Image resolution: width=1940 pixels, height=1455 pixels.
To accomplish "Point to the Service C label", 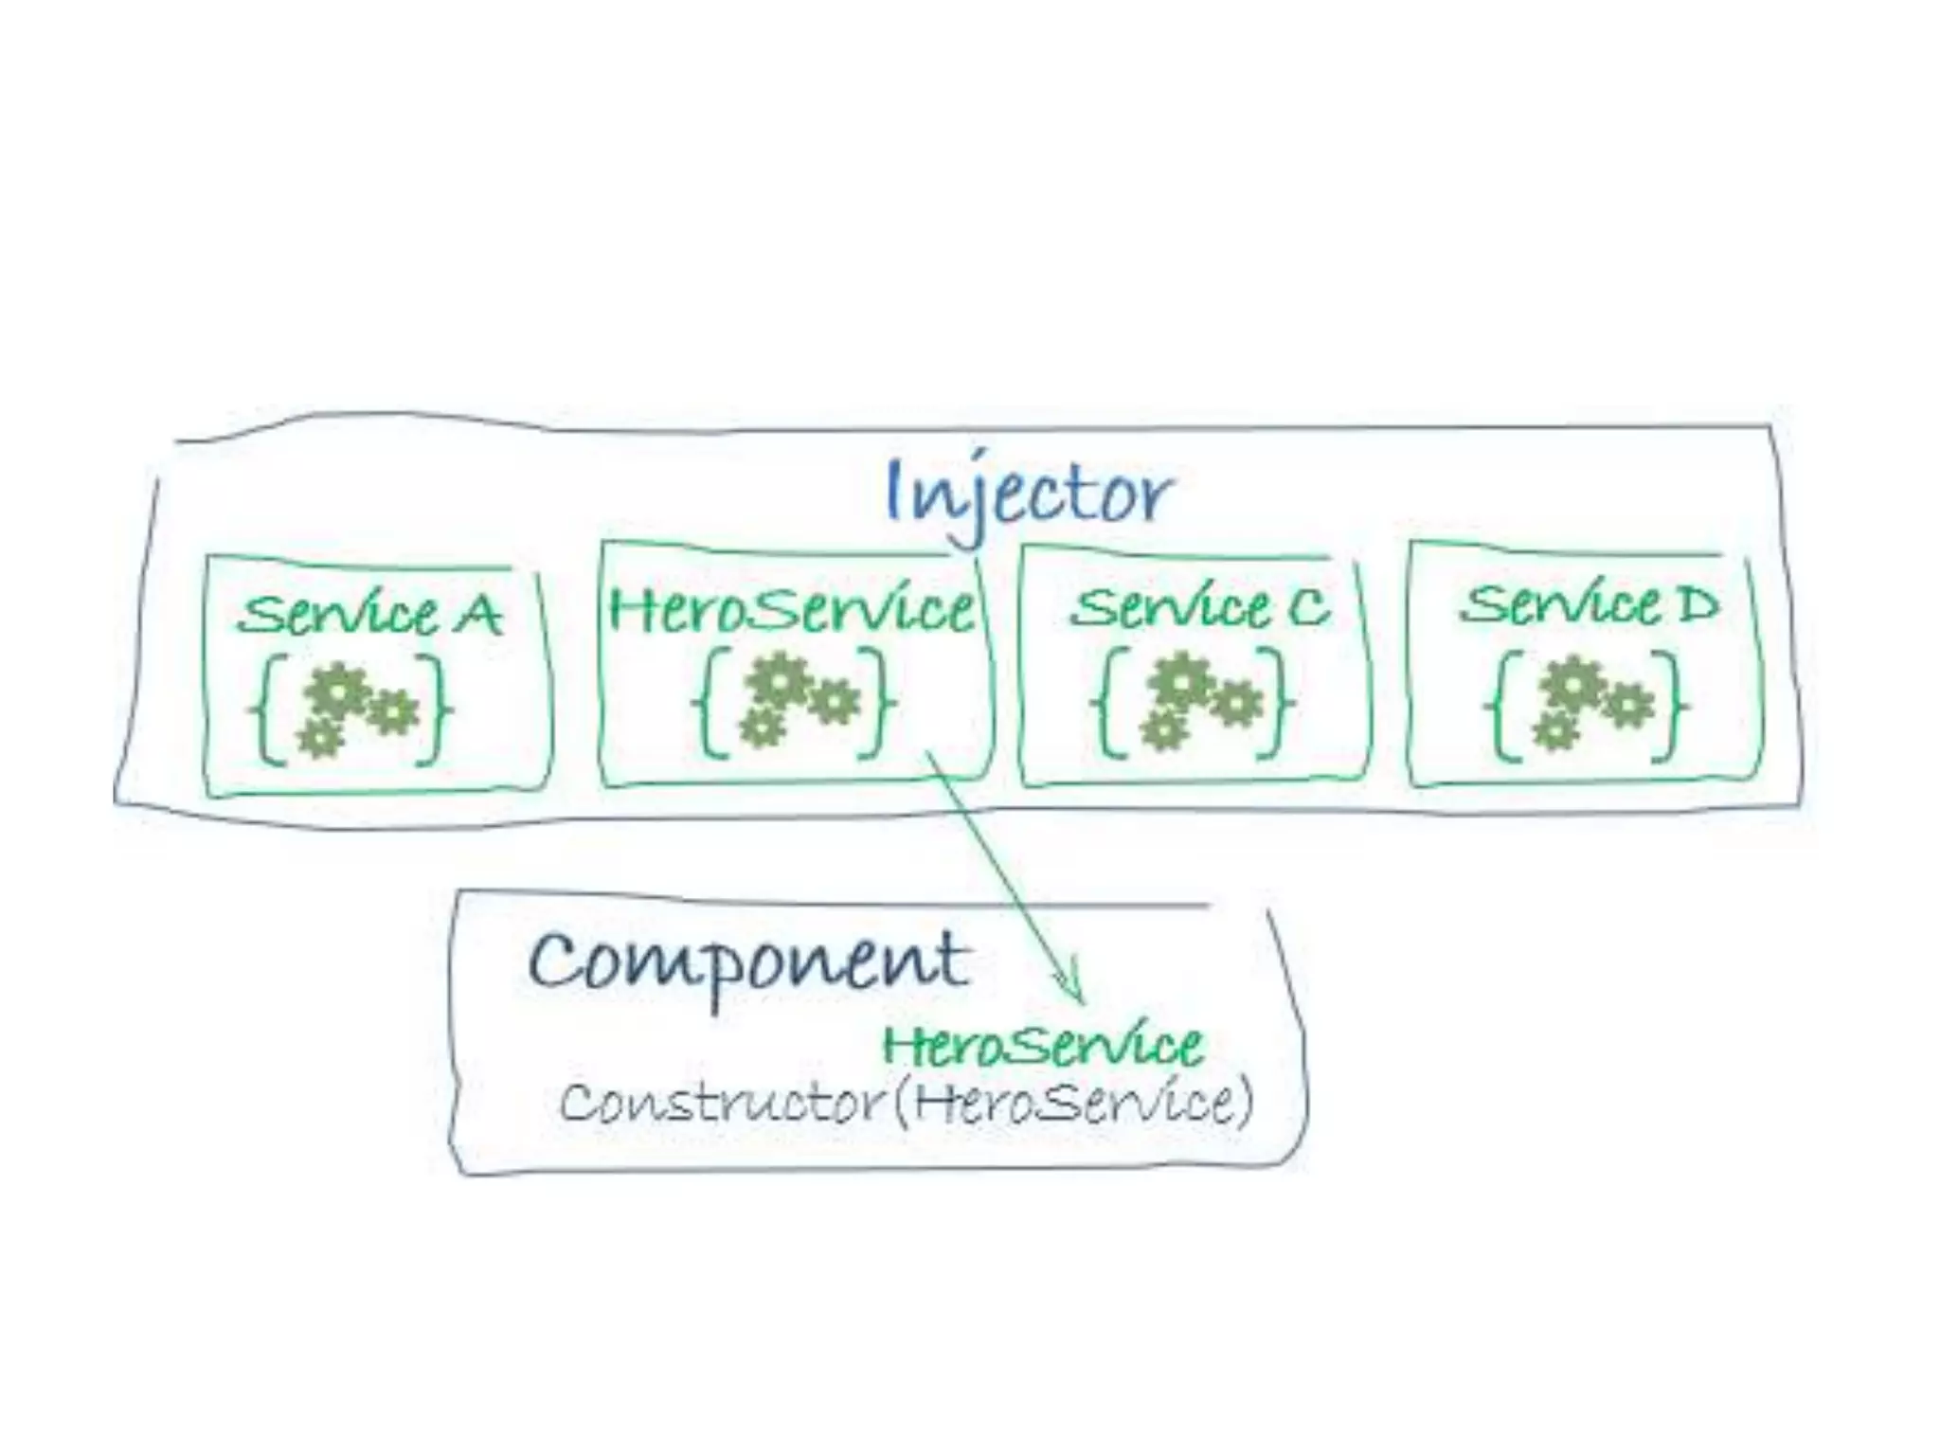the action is click(1199, 607).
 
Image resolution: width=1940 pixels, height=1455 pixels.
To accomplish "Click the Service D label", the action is click(1588, 603).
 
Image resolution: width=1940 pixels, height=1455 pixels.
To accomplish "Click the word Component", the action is click(749, 961).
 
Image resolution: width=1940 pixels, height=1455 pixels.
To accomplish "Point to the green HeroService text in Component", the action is click(1042, 1045).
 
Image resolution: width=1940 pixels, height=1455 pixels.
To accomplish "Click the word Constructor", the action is click(720, 1103).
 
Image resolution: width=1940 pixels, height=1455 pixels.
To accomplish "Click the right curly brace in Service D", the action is click(1675, 705).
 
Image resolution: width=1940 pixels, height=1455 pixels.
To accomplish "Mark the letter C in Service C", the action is click(1308, 606).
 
